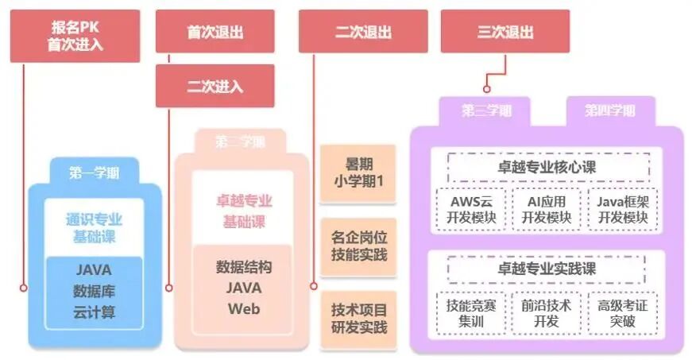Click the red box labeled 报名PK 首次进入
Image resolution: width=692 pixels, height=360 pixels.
pos(75,36)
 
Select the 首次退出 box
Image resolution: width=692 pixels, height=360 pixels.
pos(215,32)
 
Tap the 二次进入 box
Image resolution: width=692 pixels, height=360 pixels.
pos(215,86)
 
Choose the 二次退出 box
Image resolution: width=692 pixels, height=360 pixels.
pos(363,32)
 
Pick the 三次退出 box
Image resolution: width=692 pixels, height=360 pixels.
pos(505,32)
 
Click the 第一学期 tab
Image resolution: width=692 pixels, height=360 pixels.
pos(93,172)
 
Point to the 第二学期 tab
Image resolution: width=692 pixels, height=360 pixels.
pos(240,142)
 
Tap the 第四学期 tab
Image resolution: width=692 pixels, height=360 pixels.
pos(609,110)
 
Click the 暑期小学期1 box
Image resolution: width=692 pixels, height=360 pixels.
pos(358,172)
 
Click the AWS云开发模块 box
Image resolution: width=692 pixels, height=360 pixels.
pos(471,209)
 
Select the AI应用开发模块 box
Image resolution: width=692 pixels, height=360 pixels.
pos(548,209)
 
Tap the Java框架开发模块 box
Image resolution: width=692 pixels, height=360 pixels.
pos(623,209)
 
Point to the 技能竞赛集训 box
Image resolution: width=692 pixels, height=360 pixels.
pos(471,312)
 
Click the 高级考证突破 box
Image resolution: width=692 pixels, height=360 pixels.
pos(623,312)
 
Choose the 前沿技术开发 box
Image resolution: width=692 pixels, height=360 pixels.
pos(548,312)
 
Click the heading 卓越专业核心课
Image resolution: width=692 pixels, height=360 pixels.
pos(548,167)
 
